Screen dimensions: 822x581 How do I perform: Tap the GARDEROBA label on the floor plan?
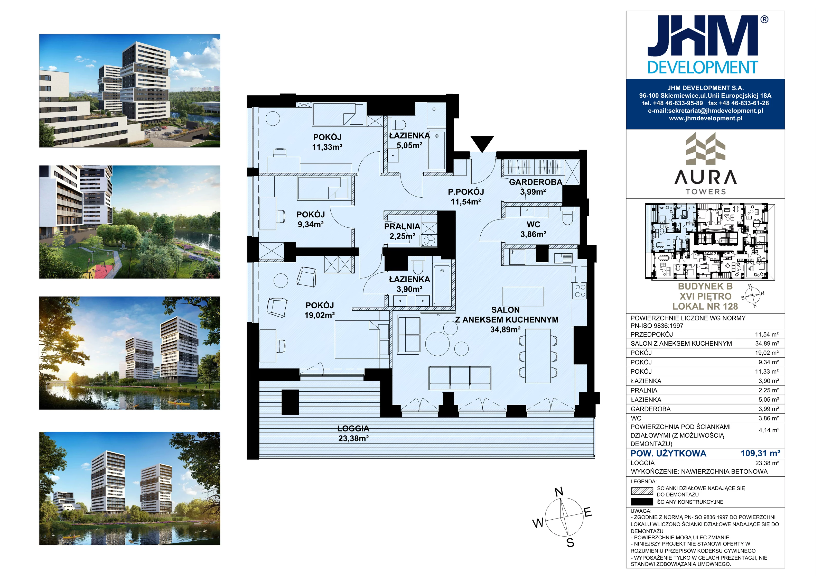[535, 182]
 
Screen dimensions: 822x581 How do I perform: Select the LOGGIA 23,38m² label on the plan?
[353, 434]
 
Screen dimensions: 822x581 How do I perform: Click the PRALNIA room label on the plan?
[402, 226]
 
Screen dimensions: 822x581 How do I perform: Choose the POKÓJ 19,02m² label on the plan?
[320, 310]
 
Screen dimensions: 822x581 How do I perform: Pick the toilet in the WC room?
[567, 216]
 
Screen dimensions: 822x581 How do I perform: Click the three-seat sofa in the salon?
[460, 378]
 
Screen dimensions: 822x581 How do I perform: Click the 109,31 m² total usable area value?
[760, 453]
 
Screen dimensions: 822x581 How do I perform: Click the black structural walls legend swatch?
[642, 502]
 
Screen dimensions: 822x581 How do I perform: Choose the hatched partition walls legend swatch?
[642, 491]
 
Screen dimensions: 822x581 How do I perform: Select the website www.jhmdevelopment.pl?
[705, 118]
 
